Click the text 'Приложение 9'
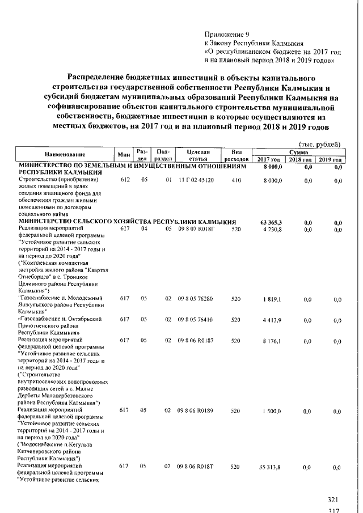click(226, 34)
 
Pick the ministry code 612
click(125, 180)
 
